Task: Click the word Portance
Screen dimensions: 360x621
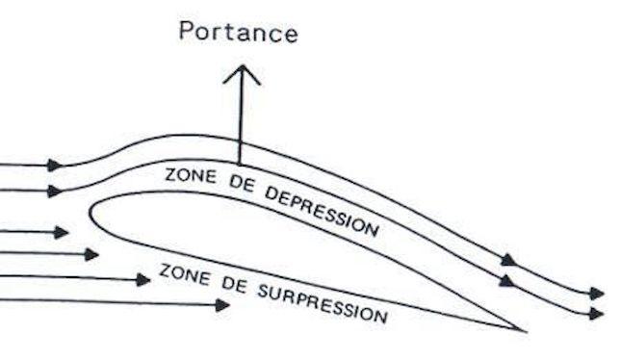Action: [x=238, y=33]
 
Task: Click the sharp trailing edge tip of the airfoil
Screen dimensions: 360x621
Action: [x=525, y=330]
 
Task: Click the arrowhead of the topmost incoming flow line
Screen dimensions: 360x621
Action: [x=55, y=166]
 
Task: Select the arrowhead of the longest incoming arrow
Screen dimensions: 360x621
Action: [x=222, y=305]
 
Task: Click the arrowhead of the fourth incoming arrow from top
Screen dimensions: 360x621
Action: [x=91, y=254]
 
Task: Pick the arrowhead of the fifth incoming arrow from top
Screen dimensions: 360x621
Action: [x=143, y=279]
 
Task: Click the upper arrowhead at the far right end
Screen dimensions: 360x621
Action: [x=597, y=293]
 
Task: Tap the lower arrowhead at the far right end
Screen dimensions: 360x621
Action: [x=597, y=313]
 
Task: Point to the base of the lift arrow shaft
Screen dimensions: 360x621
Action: [x=241, y=161]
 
